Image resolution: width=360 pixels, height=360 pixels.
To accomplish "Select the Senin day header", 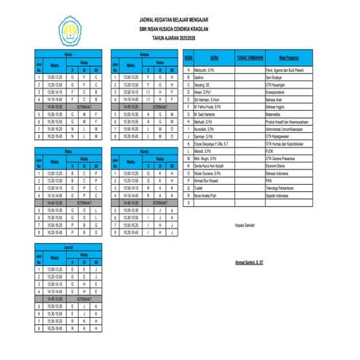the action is tap(68, 53).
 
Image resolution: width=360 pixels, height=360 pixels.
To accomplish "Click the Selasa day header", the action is tap(145, 53).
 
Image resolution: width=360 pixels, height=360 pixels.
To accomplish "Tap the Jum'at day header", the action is tap(68, 248).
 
